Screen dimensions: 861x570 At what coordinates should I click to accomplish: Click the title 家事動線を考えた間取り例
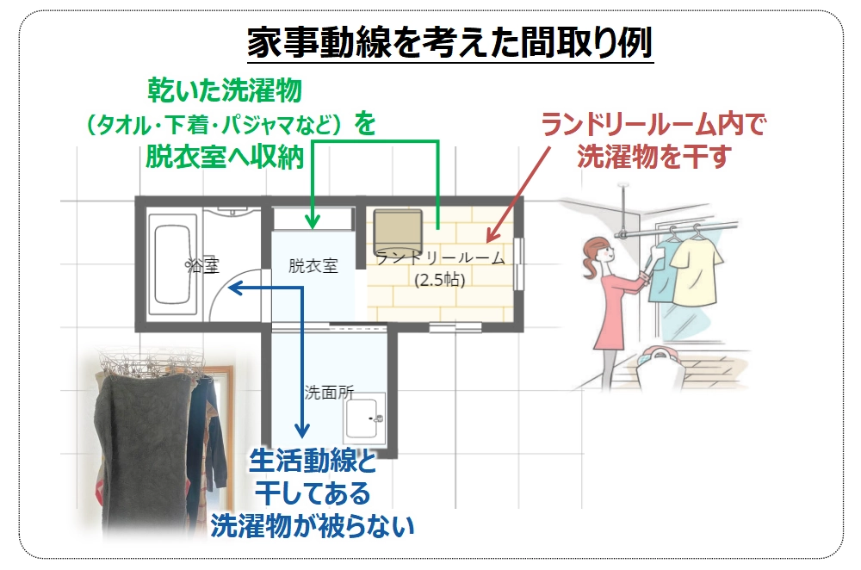(x=449, y=43)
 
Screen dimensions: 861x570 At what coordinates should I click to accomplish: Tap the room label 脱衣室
(x=313, y=266)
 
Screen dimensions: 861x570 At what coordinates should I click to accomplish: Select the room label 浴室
(x=202, y=266)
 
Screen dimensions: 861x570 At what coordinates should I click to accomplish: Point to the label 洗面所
(x=330, y=392)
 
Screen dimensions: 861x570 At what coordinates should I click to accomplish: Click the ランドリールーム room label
(x=440, y=257)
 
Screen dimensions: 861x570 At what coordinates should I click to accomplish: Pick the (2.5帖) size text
(x=440, y=280)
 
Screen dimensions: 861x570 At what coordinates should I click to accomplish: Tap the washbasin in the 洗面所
(x=364, y=418)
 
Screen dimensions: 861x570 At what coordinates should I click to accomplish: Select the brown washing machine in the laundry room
(x=398, y=230)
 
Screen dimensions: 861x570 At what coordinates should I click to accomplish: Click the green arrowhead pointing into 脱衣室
(x=312, y=221)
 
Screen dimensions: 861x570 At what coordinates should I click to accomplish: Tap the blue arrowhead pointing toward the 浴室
(x=235, y=288)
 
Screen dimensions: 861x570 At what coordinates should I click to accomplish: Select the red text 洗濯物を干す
(x=654, y=157)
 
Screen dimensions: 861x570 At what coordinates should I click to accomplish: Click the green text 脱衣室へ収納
(x=225, y=158)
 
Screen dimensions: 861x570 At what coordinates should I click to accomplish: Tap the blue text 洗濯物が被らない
(x=312, y=526)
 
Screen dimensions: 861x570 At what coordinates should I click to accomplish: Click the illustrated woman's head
(x=599, y=254)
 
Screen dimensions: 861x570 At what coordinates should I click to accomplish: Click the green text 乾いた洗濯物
(x=225, y=90)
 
